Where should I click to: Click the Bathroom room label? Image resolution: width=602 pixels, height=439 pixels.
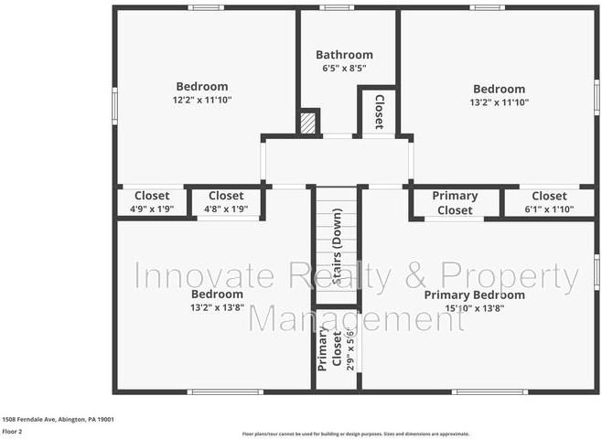coord(344,55)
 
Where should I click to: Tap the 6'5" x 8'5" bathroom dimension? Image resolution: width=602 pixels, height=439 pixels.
coord(344,69)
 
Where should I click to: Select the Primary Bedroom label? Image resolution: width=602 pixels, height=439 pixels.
coord(474,295)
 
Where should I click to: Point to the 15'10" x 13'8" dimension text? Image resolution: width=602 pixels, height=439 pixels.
coord(474,308)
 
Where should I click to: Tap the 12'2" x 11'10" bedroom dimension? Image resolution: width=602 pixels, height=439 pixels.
coord(202,100)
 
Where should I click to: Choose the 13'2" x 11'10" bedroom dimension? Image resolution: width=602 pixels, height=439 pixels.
coord(499,102)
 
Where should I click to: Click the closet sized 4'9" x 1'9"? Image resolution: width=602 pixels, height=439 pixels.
coord(152,209)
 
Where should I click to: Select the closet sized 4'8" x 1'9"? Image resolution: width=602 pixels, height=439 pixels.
coord(226,209)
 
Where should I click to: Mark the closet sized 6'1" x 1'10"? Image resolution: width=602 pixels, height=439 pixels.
coord(549,209)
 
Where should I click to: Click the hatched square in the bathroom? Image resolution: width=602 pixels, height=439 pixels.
coord(309,123)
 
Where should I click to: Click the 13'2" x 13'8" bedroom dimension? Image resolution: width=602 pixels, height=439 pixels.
coord(217,308)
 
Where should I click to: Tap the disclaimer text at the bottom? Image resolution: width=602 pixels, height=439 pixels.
coord(355,434)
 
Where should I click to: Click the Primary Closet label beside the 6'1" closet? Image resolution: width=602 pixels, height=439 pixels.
coord(455,203)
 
